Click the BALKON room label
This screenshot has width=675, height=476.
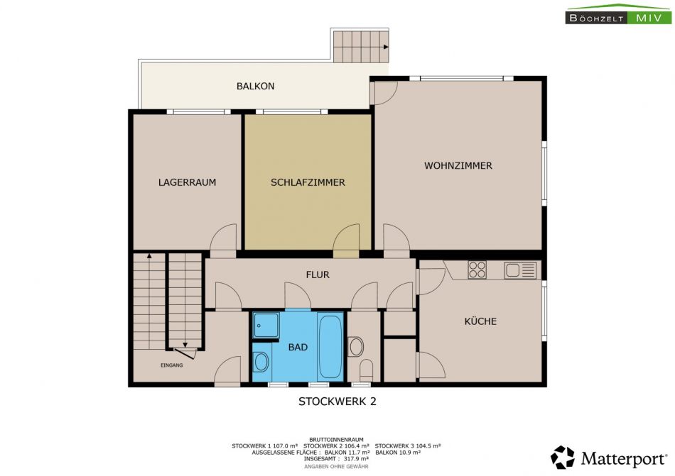pos(255,86)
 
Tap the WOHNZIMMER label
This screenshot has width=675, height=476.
pos(458,165)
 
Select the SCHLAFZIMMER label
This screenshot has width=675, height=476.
pos(308,182)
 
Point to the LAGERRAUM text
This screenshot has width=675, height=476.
pos(187,182)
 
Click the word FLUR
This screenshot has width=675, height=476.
pos(318,275)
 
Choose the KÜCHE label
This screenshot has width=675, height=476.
pos(480,321)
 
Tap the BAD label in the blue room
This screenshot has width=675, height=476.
pos(298,347)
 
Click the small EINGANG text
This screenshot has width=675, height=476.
pos(172,365)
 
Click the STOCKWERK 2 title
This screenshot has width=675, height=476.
pos(337,402)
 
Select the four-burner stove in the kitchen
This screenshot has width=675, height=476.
pos(477,270)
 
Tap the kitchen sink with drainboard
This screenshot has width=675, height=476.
pos(520,270)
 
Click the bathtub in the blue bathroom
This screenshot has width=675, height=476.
pos(330,346)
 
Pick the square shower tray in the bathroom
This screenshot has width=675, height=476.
pos(266,325)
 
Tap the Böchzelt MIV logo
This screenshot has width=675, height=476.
pos(619,13)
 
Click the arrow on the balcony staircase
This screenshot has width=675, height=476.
pos(386,47)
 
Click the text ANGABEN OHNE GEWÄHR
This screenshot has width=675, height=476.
pos(336,467)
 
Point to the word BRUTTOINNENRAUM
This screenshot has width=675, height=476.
pos(336,440)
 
